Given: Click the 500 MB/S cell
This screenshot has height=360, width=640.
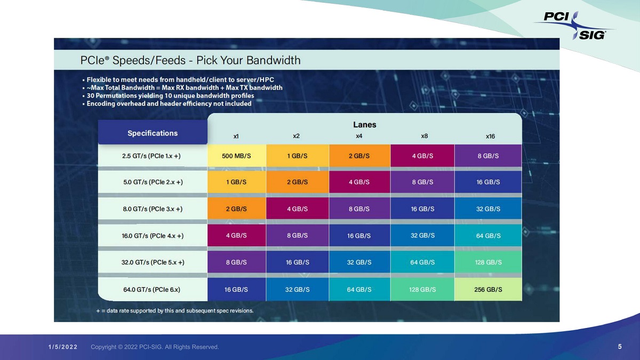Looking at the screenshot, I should coord(236,156).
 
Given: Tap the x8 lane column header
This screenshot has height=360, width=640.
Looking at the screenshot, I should coord(424,136).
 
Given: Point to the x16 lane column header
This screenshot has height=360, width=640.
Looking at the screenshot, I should coord(490,136).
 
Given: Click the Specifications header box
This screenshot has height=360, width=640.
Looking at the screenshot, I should coord(153,133).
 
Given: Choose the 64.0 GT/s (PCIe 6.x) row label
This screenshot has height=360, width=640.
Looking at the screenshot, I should coord(151,290).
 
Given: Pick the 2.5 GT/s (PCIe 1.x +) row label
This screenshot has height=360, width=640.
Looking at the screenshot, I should coord(151,156).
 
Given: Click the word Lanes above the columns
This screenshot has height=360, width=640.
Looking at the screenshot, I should coord(364,125).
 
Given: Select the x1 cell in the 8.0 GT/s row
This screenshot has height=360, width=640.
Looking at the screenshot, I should coord(236,209).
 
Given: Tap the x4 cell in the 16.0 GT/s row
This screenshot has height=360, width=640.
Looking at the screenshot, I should coord(359,236).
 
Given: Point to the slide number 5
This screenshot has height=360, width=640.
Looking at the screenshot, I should coord(620,347).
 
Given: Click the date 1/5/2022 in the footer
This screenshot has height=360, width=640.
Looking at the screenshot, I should coord(63,347).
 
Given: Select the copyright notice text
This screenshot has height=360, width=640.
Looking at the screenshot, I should coord(155,347).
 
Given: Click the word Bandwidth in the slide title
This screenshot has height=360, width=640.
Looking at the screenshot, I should coord(273,60).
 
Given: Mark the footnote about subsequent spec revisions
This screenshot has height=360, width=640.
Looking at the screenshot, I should coord(174,310).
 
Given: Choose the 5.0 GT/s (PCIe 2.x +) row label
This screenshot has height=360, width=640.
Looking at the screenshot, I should coord(153,182).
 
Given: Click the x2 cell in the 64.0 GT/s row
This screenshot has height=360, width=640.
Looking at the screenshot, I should coord(298,290).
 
